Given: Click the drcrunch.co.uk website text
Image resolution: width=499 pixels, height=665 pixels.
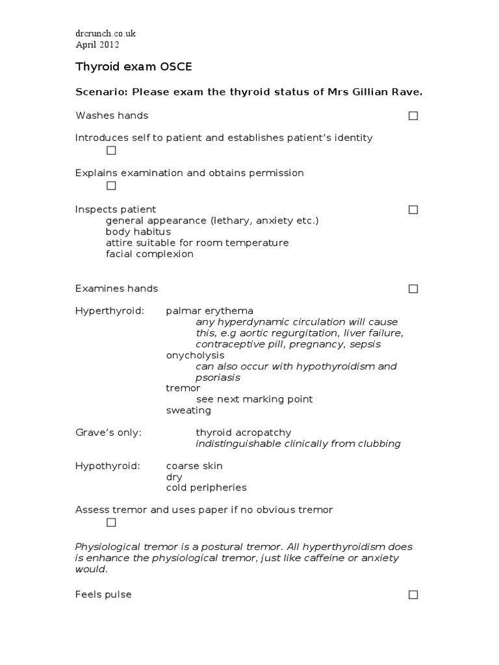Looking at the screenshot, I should [x=105, y=33].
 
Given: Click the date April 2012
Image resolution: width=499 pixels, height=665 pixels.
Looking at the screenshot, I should [x=97, y=45].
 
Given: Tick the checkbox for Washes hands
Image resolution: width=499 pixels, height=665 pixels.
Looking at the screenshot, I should [x=413, y=116].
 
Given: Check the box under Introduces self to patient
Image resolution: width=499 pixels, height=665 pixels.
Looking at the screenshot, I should [x=111, y=151].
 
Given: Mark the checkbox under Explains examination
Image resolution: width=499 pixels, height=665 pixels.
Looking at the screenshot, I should [x=111, y=186].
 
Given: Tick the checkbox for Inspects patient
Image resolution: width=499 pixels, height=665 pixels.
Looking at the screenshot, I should [x=413, y=210].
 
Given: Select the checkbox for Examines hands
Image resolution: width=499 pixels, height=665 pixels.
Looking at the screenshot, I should [x=413, y=289].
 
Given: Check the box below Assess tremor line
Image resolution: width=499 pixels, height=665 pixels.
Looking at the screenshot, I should [x=111, y=523].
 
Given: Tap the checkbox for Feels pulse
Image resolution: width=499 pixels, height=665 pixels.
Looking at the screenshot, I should [x=413, y=595].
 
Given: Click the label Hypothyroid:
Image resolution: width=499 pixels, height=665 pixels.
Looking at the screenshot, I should [x=108, y=466].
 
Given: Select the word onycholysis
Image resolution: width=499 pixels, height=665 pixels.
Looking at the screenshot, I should [x=195, y=355].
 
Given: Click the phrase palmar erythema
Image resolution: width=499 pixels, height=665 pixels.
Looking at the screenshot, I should [x=209, y=311].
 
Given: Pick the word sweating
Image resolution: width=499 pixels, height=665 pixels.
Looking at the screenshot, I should [x=188, y=410].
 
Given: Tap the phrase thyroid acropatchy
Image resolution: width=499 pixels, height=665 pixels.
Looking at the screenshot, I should [x=244, y=433].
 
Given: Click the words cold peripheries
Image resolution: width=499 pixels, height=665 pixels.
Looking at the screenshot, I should [x=206, y=488].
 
